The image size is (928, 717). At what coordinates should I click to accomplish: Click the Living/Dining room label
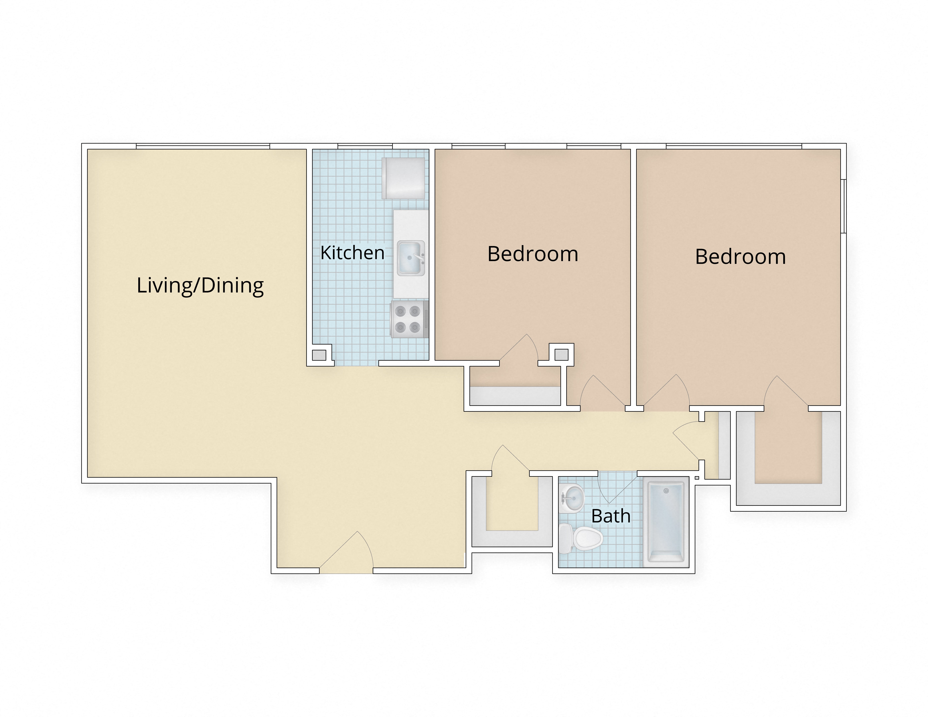pyautogui.click(x=200, y=285)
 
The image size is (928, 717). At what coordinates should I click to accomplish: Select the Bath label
pyautogui.click(x=611, y=516)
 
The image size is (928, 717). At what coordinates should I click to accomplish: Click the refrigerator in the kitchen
pyautogui.click(x=403, y=178)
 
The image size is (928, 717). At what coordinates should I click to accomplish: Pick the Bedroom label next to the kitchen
pyautogui.click(x=533, y=254)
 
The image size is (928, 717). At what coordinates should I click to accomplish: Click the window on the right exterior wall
pyautogui.click(x=844, y=206)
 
